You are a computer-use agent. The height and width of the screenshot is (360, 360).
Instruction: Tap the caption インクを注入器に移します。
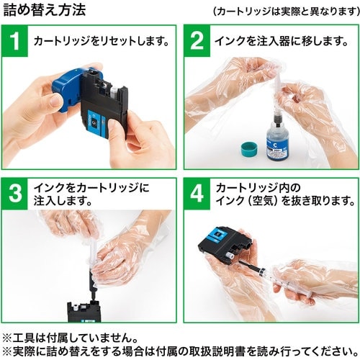tap(277, 41)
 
